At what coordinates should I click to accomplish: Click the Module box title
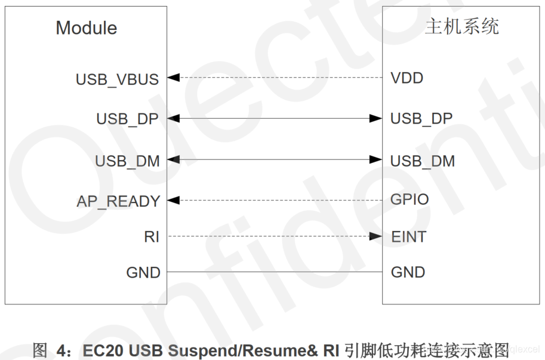tap(87, 28)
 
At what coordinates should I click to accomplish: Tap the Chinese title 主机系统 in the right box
tap(461, 27)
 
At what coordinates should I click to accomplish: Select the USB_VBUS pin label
tap(117, 79)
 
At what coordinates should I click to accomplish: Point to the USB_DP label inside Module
tap(127, 119)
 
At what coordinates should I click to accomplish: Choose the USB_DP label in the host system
tap(421, 119)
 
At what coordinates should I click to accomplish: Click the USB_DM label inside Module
tap(127, 161)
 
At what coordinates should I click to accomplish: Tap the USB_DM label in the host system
tap(422, 161)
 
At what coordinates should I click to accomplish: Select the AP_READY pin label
tap(118, 202)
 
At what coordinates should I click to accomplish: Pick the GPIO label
tap(409, 199)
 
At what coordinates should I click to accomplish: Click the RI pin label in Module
tap(152, 237)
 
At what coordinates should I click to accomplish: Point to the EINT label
tap(408, 237)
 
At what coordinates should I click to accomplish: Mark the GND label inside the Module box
tap(143, 273)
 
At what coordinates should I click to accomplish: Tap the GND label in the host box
tap(408, 273)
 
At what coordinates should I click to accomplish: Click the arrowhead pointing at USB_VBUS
tap(173, 78)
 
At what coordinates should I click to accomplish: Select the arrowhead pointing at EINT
tap(375, 236)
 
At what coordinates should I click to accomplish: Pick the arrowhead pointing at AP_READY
tap(173, 201)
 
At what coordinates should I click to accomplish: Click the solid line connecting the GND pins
tap(275, 272)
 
